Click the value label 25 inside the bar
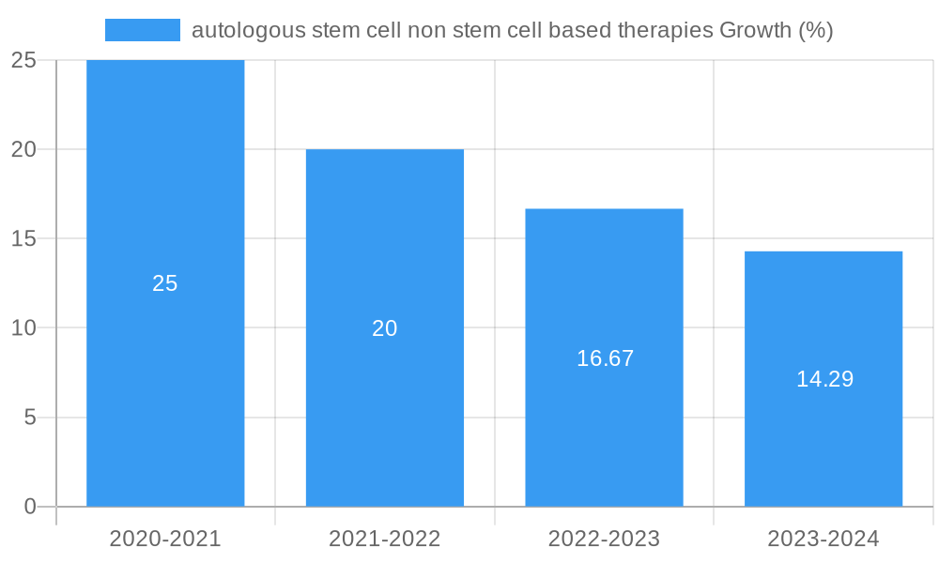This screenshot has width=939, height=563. click(165, 283)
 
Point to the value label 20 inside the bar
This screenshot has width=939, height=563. click(385, 328)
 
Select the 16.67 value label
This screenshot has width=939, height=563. click(605, 358)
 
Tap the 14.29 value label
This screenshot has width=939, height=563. click(824, 380)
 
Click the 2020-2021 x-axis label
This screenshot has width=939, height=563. click(165, 539)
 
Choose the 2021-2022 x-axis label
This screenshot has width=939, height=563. click(385, 539)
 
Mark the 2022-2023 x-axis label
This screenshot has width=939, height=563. click(604, 539)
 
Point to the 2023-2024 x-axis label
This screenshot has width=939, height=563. click(824, 539)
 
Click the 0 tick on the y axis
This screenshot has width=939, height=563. click(29, 507)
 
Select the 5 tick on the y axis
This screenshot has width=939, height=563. click(29, 418)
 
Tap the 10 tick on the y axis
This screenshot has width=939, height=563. click(23, 328)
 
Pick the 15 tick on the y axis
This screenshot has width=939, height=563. click(23, 239)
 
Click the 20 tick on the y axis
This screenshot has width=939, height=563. click(23, 149)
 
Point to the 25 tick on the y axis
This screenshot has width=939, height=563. click(23, 61)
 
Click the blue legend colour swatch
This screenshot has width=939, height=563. click(143, 30)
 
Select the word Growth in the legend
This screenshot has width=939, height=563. click(755, 30)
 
